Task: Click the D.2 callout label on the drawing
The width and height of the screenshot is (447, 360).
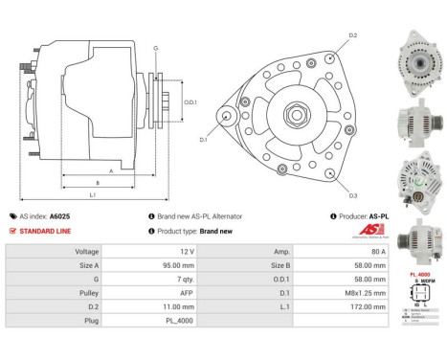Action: [x=352, y=35]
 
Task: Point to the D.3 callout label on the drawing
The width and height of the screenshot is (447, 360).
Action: [x=352, y=196]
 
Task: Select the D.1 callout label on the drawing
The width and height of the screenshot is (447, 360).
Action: [x=203, y=140]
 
